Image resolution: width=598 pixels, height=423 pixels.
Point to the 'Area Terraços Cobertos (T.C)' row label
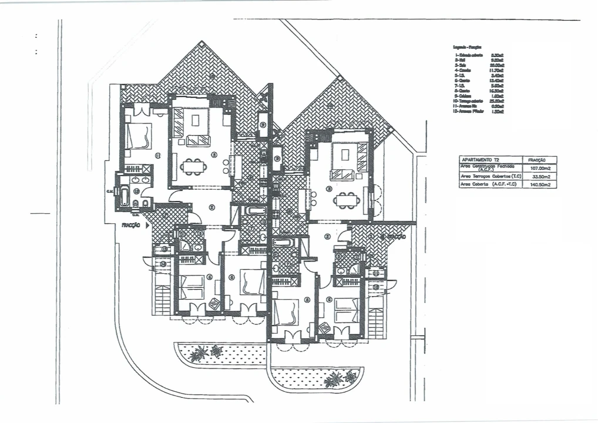[491, 176]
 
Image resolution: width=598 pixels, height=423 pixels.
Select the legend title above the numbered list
[468, 46]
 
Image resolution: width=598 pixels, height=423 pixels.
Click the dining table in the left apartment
[194, 167]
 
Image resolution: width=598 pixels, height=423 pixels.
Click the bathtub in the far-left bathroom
[125, 195]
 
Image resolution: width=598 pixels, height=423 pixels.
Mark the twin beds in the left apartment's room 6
[192, 286]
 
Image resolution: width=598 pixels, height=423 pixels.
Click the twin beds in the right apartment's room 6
[347, 310]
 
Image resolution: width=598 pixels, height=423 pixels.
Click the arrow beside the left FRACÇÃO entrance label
[147, 225]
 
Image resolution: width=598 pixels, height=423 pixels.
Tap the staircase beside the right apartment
[377, 317]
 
